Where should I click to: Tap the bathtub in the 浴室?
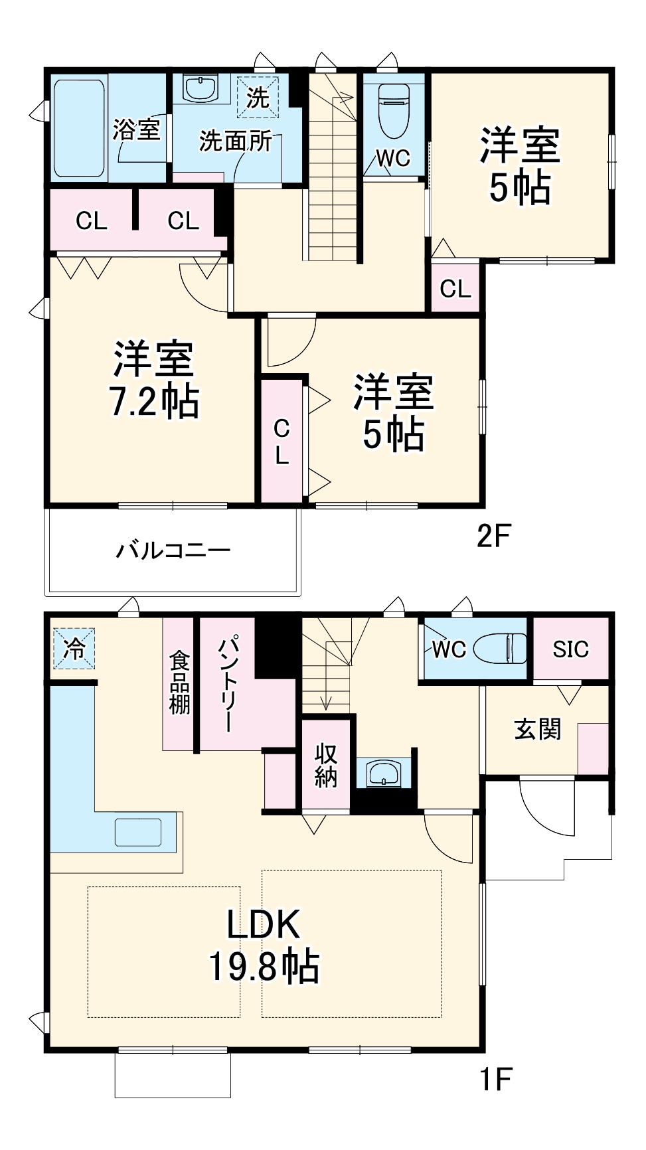click(79, 128)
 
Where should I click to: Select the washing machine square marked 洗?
click(258, 98)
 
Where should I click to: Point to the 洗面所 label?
click(236, 141)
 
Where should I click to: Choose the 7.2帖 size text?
click(154, 401)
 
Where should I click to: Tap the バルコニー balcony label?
click(173, 550)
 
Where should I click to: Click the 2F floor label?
click(494, 535)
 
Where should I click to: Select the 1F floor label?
click(496, 1079)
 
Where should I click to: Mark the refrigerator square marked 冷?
click(74, 648)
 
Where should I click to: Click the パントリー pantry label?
click(226, 684)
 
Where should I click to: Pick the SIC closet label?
click(570, 649)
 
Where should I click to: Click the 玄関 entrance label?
click(538, 729)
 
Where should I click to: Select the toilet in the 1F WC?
click(501, 648)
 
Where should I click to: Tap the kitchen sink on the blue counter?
click(138, 833)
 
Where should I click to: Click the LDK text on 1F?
click(264, 924)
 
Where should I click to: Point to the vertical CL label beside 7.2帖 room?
click(282, 442)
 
